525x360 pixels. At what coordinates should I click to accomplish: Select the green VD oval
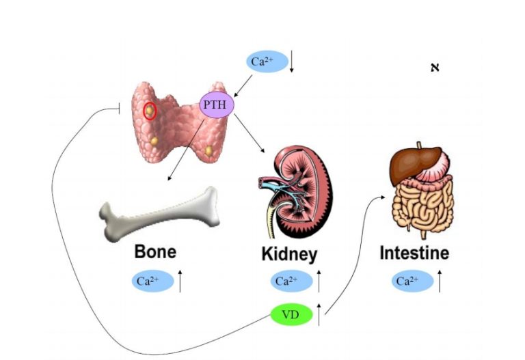(x=292, y=315)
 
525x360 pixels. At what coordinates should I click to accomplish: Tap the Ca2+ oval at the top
(x=263, y=61)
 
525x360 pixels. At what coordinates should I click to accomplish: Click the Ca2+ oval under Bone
(x=151, y=280)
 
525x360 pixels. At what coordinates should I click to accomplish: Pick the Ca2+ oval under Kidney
(x=290, y=280)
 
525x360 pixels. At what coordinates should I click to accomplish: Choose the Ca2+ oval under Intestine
(x=413, y=280)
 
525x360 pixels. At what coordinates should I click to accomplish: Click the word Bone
(x=155, y=251)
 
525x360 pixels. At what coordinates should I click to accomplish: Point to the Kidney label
(x=289, y=255)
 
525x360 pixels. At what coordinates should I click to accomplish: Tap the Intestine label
(x=414, y=253)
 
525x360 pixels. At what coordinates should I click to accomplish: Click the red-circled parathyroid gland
(x=150, y=109)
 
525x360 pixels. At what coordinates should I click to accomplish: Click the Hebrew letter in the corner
(x=433, y=67)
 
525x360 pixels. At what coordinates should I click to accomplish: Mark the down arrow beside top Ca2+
(x=292, y=61)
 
